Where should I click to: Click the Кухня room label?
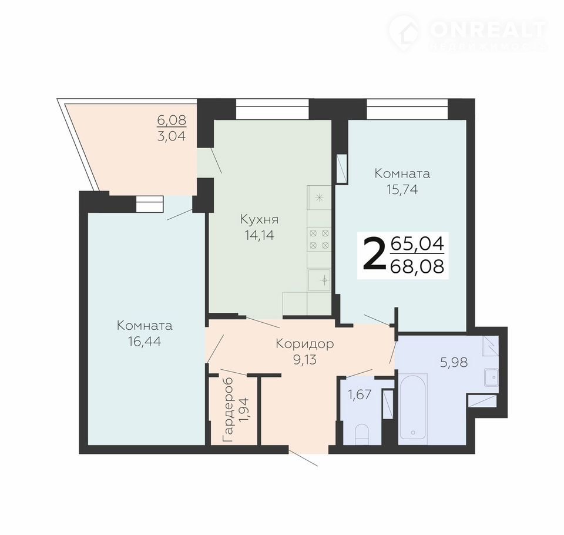click(259, 219)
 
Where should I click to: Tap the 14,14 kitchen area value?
click(259, 235)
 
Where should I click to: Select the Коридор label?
click(305, 344)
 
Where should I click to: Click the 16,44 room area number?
click(145, 342)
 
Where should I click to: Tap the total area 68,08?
click(417, 267)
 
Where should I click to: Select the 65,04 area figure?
click(417, 244)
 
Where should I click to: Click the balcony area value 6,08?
click(172, 120)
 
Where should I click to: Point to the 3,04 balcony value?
click(172, 136)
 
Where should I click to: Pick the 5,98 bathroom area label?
click(454, 362)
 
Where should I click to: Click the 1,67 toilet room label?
click(359, 394)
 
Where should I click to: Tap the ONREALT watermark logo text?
click(488, 29)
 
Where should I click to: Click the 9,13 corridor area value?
click(305, 359)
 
